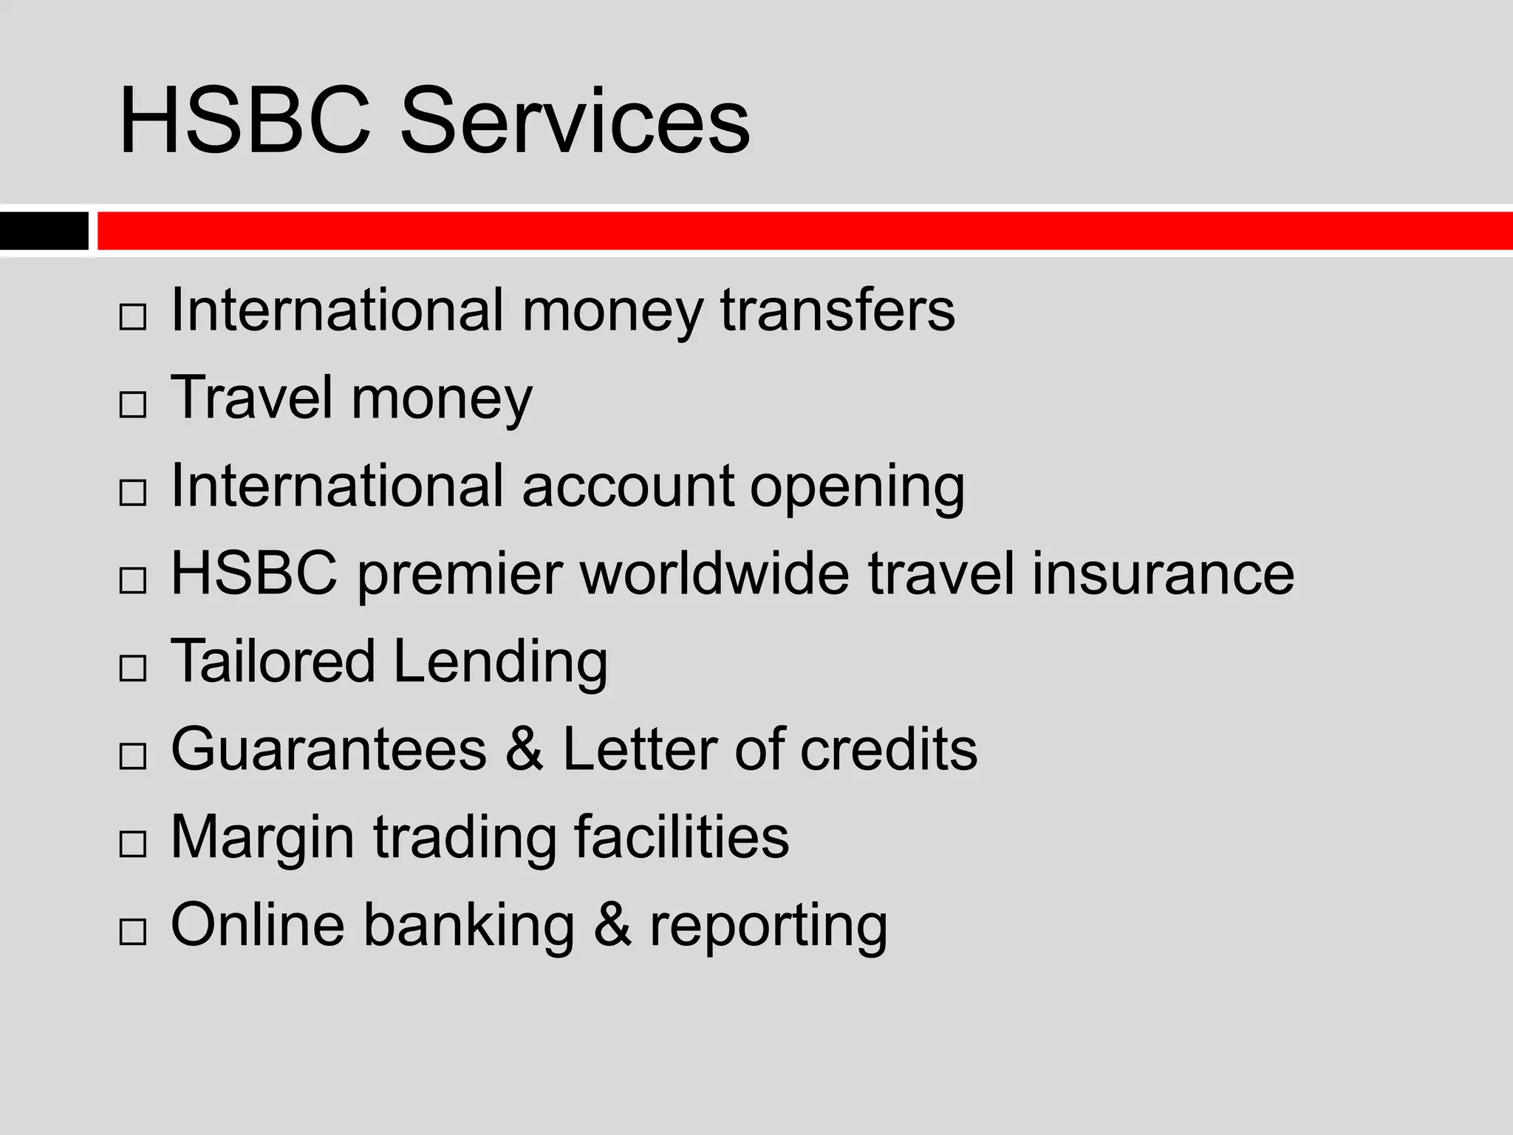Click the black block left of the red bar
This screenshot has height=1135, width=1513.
tap(44, 231)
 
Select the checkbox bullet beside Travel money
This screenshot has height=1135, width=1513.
tap(132, 404)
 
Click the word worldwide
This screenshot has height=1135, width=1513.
tap(714, 574)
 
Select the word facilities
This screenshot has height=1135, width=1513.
tap(681, 836)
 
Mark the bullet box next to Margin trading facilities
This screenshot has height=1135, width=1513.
tap(132, 844)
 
